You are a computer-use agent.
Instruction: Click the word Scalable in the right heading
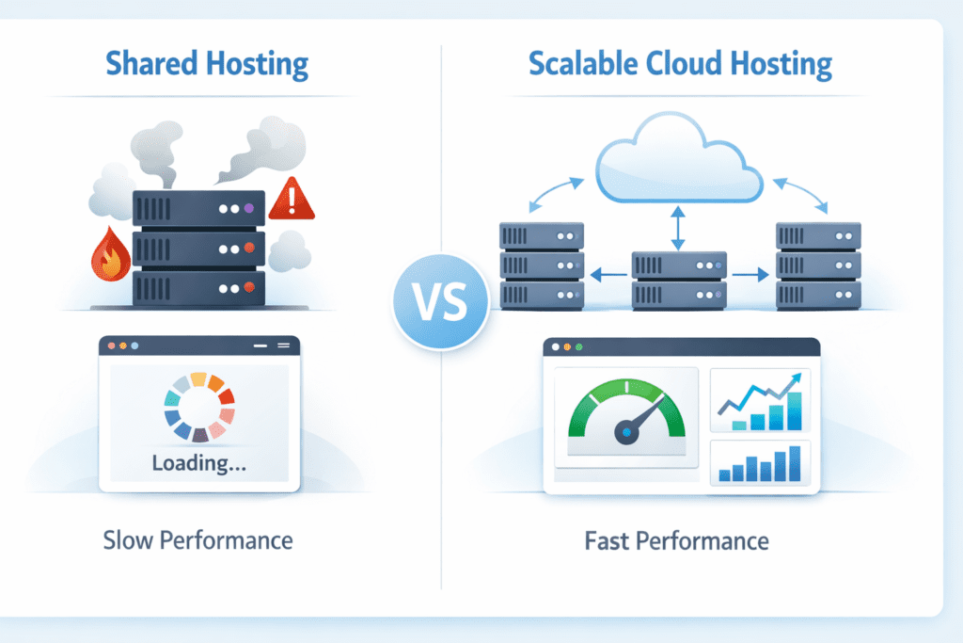575,65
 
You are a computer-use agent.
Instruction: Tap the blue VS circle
440,301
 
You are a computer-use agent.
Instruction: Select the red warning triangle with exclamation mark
292,199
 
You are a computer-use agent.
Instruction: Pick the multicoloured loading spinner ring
198,408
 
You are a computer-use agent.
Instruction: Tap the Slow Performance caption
197,540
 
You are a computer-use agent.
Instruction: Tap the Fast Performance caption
675,541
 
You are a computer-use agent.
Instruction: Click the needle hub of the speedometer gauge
625,432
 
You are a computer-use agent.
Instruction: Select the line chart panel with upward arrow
760,400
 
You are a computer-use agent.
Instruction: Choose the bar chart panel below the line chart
760,462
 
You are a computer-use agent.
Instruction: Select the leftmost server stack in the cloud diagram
541,266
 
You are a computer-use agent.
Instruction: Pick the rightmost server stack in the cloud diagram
817,266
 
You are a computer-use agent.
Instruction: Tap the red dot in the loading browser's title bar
112,346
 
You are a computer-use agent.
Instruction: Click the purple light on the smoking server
248,207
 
